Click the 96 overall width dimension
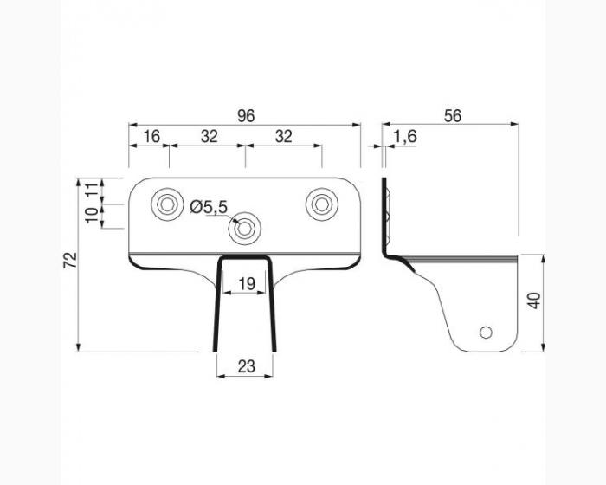click(246, 116)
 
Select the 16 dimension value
click(151, 136)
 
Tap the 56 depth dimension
click(453, 116)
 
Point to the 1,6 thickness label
click(405, 137)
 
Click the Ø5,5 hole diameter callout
click(209, 207)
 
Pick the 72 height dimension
click(70, 260)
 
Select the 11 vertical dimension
click(93, 191)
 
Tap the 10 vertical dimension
click(93, 215)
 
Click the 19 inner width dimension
click(247, 284)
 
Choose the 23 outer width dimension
click(247, 365)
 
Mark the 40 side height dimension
click(534, 301)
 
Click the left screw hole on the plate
click(167, 204)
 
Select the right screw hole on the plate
click(321, 204)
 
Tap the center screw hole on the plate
click(245, 229)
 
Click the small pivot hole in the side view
click(486, 333)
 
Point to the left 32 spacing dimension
click(210, 136)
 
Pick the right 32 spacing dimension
click(284, 136)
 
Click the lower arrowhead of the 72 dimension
click(78, 347)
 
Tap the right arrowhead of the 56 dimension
click(514, 124)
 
